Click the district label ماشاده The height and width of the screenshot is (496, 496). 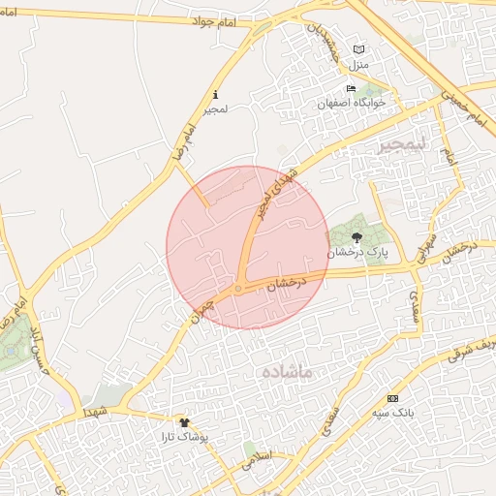288,371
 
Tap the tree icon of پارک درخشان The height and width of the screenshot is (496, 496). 356,235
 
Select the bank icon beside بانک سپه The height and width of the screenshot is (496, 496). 392,399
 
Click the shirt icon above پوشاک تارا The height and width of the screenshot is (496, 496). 185,422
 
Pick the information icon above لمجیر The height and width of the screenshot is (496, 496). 214,95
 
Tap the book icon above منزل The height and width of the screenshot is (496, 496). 359,50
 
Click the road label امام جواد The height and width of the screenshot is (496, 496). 212,18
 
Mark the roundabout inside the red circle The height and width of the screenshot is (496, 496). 237,289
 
